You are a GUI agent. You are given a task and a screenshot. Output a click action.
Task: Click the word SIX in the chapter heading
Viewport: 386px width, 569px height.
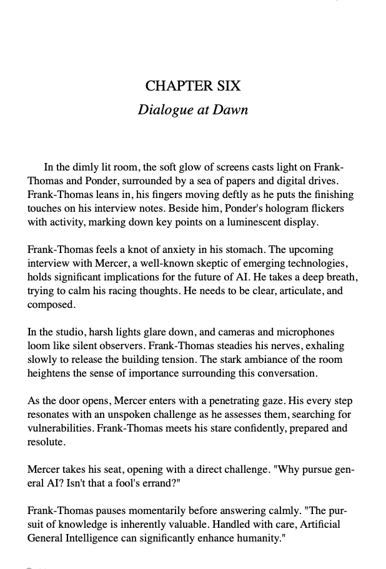(x=227, y=86)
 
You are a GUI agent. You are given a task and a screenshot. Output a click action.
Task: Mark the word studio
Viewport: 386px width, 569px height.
(x=64, y=332)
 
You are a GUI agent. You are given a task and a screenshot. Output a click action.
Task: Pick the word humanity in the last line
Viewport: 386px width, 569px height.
(x=257, y=538)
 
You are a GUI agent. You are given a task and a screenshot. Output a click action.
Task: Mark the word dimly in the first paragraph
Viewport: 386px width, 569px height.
(x=88, y=167)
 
